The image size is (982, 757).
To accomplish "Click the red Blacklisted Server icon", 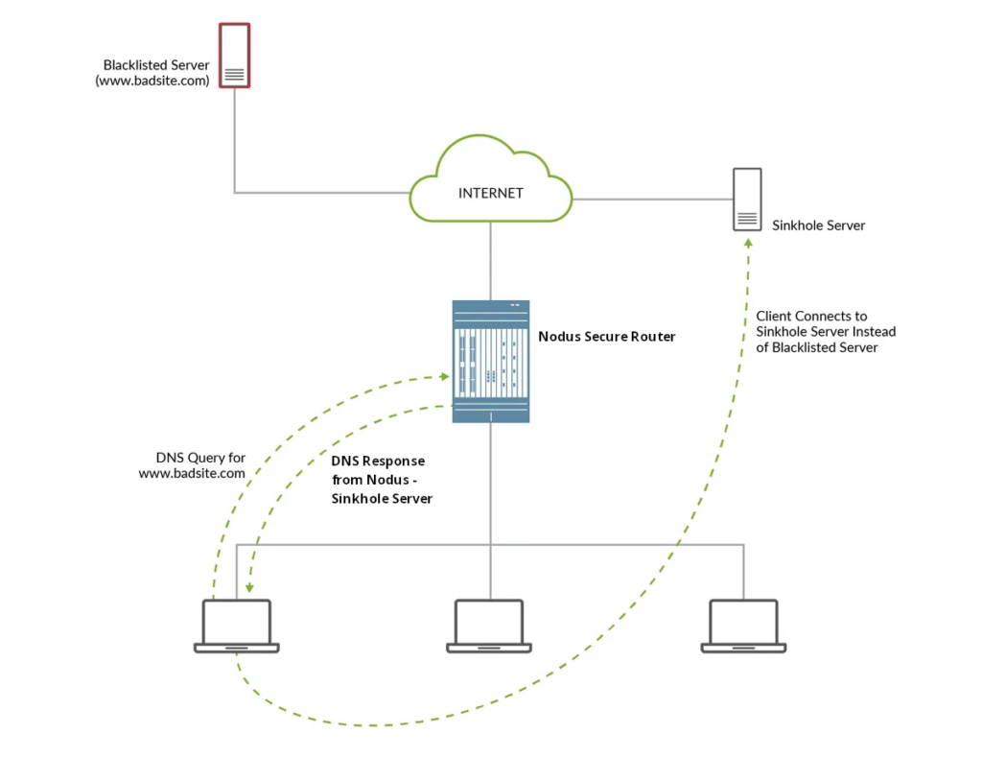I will click(234, 56).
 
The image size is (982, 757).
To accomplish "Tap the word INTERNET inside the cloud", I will click(491, 193).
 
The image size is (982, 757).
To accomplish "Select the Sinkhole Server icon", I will click(748, 200).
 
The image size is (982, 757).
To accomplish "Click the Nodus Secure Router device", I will click(491, 361).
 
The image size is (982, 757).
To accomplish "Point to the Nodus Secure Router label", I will click(607, 337).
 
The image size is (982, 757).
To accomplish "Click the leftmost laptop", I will click(237, 626).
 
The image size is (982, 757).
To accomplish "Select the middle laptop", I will click(489, 626).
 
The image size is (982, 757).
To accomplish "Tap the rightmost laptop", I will click(743, 626).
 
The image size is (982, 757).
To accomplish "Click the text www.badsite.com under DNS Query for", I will click(192, 473).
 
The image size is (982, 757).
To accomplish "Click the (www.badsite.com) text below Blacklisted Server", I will click(152, 82).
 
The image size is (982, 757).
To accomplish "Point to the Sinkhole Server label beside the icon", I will click(818, 225).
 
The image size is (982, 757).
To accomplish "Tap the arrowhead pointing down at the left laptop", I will click(248, 589).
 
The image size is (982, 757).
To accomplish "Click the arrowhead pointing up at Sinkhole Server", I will click(748, 244).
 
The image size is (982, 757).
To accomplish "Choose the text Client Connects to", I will click(811, 316).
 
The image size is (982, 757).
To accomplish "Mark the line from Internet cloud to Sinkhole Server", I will click(652, 200).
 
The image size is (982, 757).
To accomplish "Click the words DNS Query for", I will click(200, 458).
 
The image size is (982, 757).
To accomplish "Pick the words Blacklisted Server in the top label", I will click(156, 65).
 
